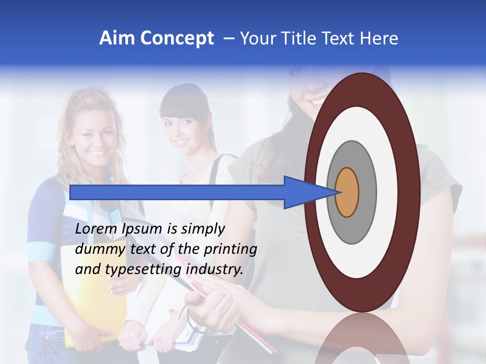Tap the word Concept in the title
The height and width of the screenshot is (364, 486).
177,38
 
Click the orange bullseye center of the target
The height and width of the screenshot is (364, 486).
347,193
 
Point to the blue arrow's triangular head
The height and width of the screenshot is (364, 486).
304,193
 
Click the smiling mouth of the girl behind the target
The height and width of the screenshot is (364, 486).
316,101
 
